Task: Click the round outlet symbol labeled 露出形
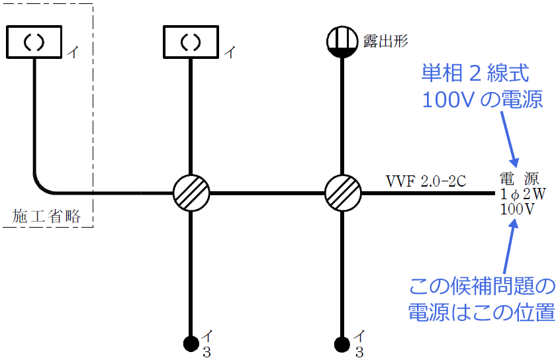(x=342, y=42)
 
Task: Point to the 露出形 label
(x=386, y=41)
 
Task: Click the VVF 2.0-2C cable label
(x=427, y=180)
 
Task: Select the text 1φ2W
(x=523, y=194)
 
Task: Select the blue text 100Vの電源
(x=483, y=100)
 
